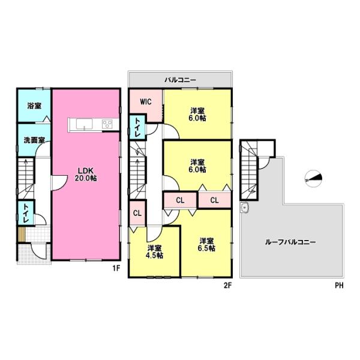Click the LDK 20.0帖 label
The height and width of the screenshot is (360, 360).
click(x=85, y=174)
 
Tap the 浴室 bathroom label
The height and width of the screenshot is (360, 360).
click(x=34, y=106)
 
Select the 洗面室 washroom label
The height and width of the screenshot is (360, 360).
click(x=34, y=140)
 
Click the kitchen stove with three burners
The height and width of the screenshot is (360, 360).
click(x=107, y=124)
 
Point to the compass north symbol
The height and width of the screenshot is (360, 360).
click(x=313, y=178)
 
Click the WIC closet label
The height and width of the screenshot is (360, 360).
click(x=146, y=101)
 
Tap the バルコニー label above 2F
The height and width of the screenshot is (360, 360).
click(x=180, y=80)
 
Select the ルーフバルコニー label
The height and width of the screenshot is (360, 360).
click(x=290, y=242)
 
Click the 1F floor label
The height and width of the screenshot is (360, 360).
click(x=116, y=268)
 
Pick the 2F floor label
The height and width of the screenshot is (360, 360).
click(x=228, y=286)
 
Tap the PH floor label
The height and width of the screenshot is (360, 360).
click(x=340, y=286)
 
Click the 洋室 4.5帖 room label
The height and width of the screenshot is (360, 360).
click(x=155, y=251)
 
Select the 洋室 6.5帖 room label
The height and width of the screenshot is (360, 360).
click(x=207, y=245)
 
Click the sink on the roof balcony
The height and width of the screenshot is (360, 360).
click(x=245, y=208)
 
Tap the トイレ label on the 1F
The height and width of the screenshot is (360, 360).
click(x=25, y=214)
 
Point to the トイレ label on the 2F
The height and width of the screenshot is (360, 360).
click(x=137, y=127)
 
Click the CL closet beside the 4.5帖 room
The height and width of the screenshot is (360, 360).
click(x=137, y=213)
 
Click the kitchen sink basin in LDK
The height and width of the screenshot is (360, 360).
click(x=84, y=124)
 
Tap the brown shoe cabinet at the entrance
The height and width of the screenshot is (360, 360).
click(x=22, y=234)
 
